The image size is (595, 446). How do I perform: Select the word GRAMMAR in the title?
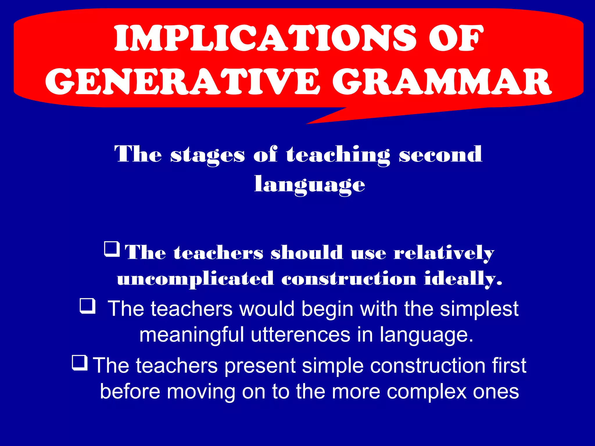coord(442,82)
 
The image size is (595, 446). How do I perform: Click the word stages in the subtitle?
coord(207,154)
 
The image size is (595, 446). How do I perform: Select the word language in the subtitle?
coord(309,185)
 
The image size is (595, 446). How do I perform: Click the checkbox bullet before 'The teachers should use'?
coord(112,249)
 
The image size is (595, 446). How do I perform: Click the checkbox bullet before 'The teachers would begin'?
coord(87,306)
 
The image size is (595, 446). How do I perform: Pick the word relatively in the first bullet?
coord(444,253)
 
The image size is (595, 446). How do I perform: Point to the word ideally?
coord(463,279)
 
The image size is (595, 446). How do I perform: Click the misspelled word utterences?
coord(300,334)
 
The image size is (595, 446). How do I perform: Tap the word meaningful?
coord(191,335)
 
